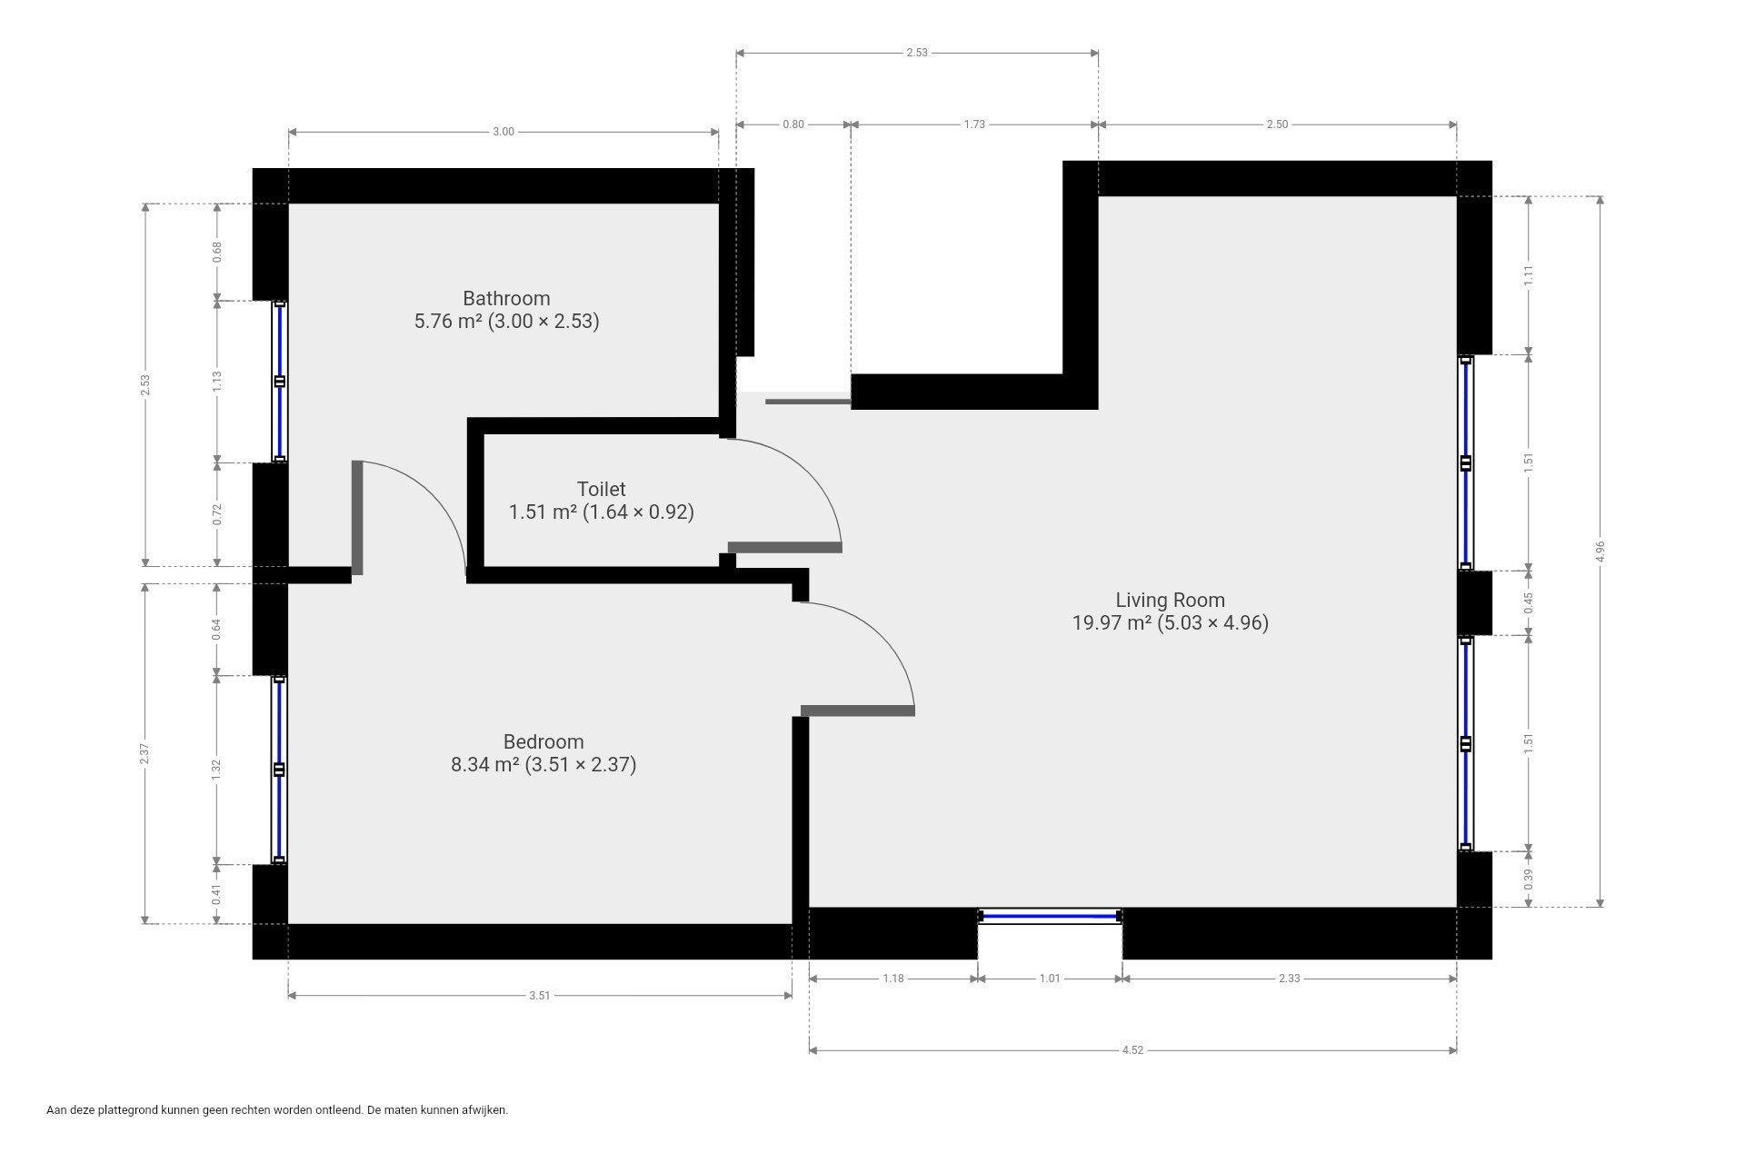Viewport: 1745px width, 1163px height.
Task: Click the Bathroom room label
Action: coord(506,298)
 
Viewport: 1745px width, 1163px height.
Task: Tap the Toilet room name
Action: coord(601,489)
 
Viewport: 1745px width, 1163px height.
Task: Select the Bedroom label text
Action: coord(543,741)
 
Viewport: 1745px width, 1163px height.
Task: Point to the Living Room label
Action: coord(1170,600)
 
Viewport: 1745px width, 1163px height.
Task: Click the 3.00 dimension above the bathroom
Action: coord(504,132)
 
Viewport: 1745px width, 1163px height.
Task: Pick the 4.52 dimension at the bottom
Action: coord(1132,1050)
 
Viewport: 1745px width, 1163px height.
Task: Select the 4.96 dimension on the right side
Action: coord(1600,552)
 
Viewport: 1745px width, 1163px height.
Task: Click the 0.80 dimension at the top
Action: coord(793,124)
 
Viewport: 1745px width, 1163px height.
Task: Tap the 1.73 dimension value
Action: coord(974,124)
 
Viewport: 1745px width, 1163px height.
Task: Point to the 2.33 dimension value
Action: coord(1289,979)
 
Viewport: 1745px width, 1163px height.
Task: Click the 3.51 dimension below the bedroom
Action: coord(540,996)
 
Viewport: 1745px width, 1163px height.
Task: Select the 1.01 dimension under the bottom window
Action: coord(1050,979)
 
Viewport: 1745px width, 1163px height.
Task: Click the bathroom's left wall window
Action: coord(280,382)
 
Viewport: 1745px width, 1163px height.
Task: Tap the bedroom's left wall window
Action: coord(280,770)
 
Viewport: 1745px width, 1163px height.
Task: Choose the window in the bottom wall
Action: coord(1050,916)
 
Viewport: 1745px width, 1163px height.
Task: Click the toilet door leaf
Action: coord(785,547)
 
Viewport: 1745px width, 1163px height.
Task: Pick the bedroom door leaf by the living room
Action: coord(857,711)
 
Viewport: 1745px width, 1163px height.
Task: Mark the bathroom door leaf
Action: coord(357,518)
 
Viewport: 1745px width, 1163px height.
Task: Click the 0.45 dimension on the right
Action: coord(1529,602)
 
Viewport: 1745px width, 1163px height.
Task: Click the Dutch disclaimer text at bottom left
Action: coord(277,1109)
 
